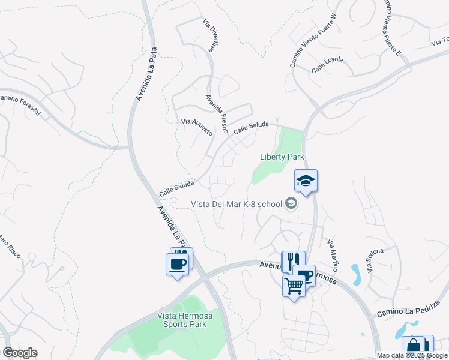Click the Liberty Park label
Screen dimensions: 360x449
[282, 157]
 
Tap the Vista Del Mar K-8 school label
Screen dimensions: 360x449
[236, 204]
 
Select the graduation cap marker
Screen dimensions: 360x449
[306, 181]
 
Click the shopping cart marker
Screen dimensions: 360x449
[294, 286]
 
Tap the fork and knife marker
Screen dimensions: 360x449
[293, 261]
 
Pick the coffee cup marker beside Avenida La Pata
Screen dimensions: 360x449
[178, 264]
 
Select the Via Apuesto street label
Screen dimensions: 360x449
[197, 127]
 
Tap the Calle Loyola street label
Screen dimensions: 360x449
[327, 66]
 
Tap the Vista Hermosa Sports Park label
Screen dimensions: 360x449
[182, 320]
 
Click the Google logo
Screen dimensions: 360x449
[20, 353]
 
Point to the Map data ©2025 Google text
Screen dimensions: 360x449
[412, 355]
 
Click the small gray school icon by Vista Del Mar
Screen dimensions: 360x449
[291, 204]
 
